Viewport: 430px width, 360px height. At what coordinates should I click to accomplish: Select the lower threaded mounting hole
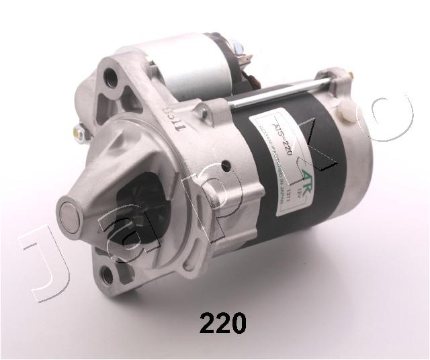(x=107, y=274)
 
